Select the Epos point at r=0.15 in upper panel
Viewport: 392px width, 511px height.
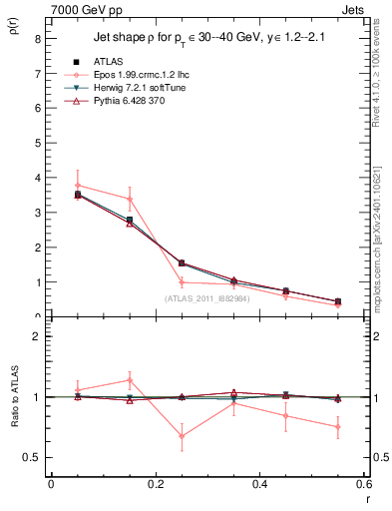pos(130,199)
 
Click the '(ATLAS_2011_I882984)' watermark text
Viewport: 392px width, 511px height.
pos(207,297)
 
